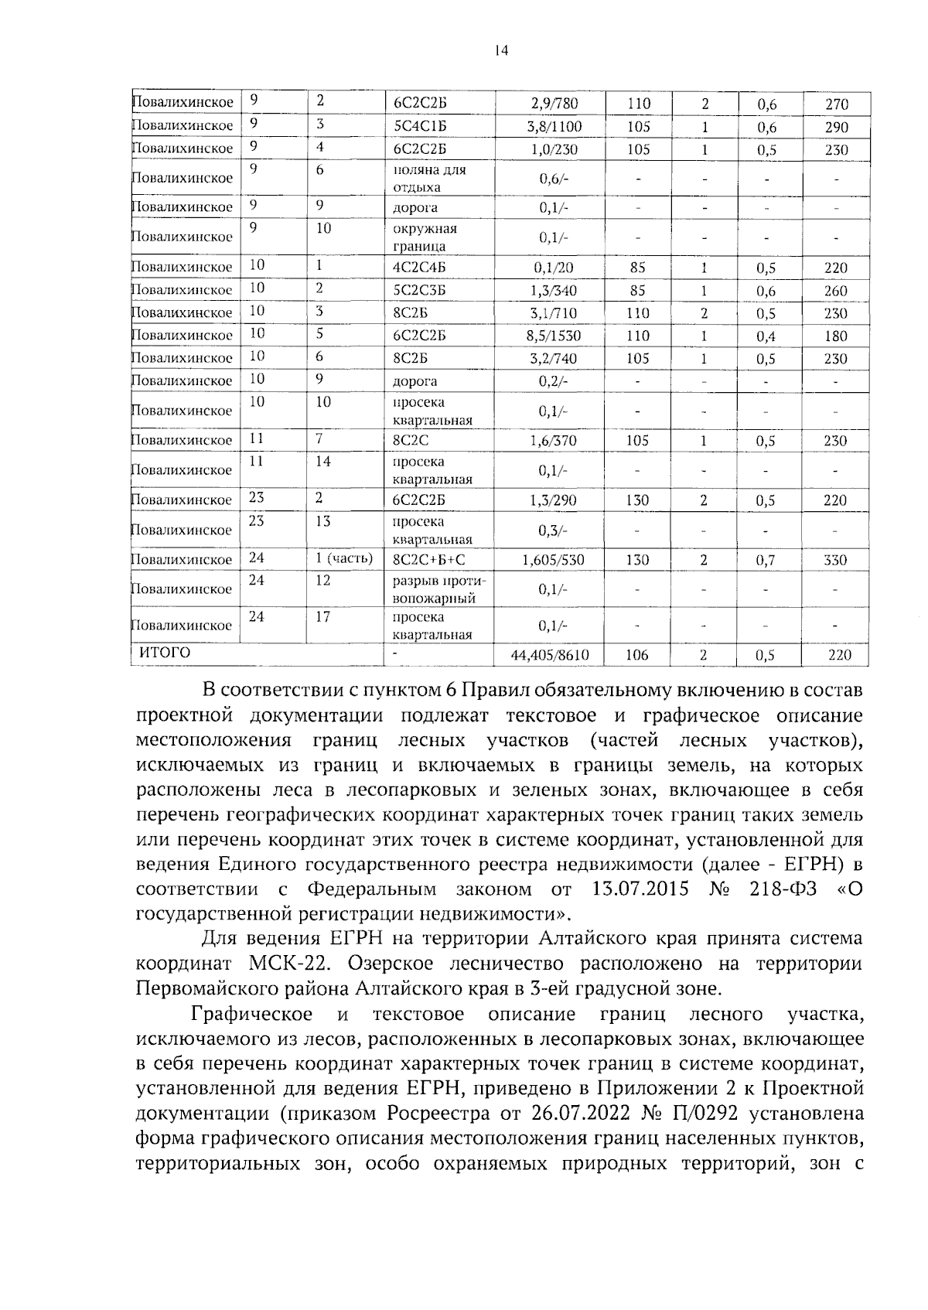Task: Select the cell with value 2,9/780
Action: coord(554,104)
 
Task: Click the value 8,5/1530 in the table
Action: coord(554,336)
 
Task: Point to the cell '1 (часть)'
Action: coord(344,559)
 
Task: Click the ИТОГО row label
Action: coord(164,653)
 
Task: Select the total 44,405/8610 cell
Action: coord(550,656)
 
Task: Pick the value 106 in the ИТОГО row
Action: coord(637,656)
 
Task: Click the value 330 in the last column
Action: coord(835,560)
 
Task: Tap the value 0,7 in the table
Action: coord(766,561)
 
